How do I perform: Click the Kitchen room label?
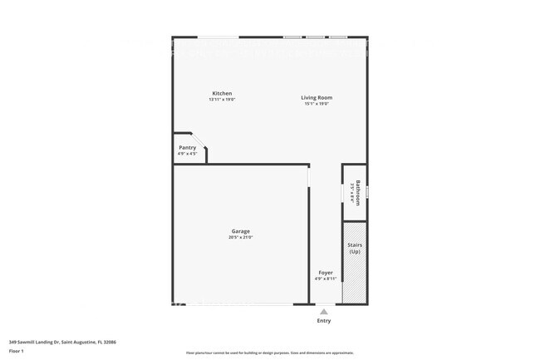pyautogui.click(x=222, y=93)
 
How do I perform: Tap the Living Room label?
pyautogui.click(x=317, y=97)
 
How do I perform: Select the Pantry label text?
pyautogui.click(x=188, y=147)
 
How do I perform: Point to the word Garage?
pyautogui.click(x=240, y=231)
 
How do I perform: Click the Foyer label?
pyautogui.click(x=326, y=272)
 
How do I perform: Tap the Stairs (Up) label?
pyautogui.click(x=355, y=247)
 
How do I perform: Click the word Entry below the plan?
pyautogui.click(x=324, y=320)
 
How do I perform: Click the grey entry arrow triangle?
pyautogui.click(x=324, y=311)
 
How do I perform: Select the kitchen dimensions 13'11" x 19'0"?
pyautogui.click(x=222, y=100)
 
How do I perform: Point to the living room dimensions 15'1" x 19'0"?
pyautogui.click(x=317, y=104)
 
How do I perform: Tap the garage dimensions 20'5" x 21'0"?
pyautogui.click(x=240, y=238)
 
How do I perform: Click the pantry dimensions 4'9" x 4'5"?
pyautogui.click(x=188, y=154)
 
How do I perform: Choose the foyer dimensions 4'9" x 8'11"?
pyautogui.click(x=326, y=279)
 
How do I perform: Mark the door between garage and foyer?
pyautogui.click(x=309, y=176)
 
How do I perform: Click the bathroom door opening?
pyautogui.click(x=343, y=193)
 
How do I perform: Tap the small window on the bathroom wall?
pyautogui.click(x=366, y=192)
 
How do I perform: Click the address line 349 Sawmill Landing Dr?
pyautogui.click(x=62, y=342)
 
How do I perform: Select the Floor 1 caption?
pyautogui.click(x=17, y=352)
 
